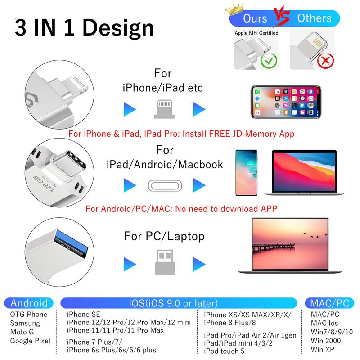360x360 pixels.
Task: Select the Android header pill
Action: point(29,303)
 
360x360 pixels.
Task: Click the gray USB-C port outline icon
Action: point(163,185)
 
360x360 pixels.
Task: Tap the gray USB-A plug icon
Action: point(163,262)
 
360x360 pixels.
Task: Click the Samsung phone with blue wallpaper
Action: point(248,172)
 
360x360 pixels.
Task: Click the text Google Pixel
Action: point(30,341)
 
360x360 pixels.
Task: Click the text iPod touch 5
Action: point(224,351)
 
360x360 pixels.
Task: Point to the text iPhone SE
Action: point(84,314)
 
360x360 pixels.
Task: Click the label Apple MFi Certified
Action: point(256,33)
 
